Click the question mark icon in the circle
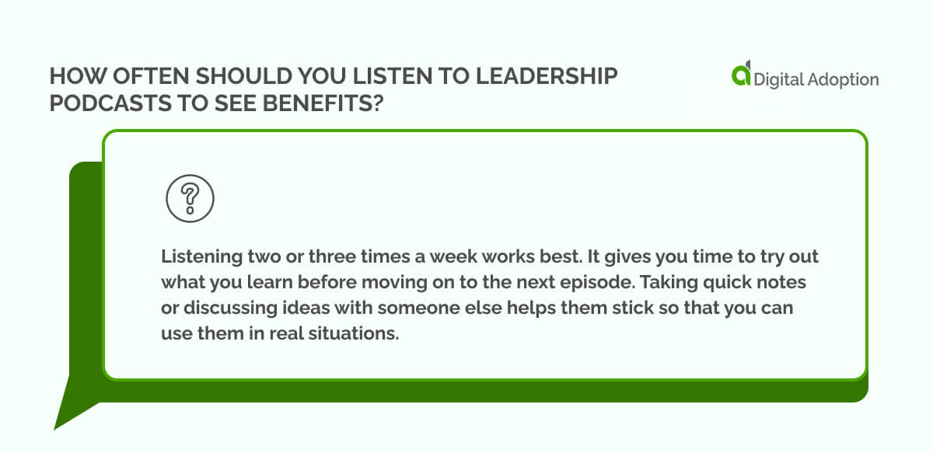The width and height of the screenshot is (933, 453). coord(190,200)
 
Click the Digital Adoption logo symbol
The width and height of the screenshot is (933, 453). coord(741,75)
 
